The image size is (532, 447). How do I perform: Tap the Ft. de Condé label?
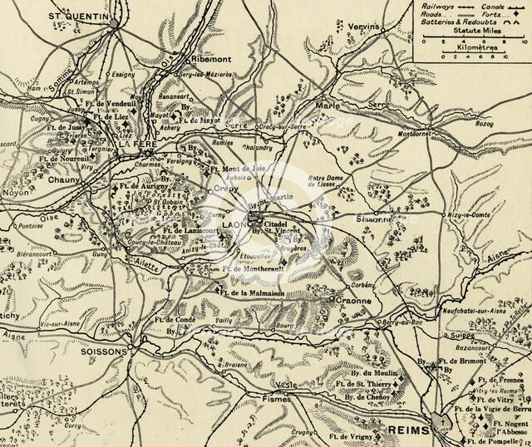click(x=175, y=319)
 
